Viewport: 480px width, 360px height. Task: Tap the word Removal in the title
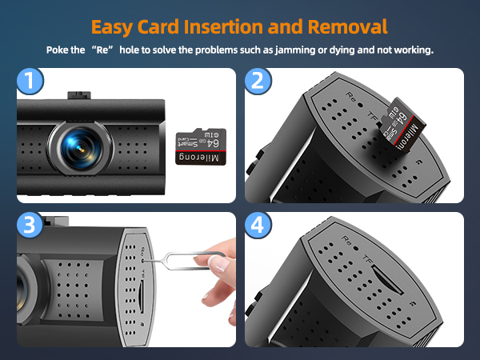coord(347,25)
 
